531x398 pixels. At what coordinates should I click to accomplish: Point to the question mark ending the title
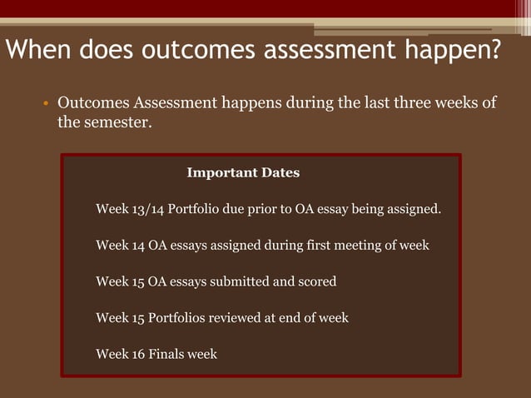click(494, 51)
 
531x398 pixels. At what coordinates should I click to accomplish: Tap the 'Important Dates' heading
click(243, 173)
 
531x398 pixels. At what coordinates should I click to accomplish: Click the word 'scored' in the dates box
click(316, 281)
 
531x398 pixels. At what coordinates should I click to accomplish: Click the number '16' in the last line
click(138, 354)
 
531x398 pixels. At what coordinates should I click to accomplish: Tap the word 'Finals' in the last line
click(167, 354)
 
